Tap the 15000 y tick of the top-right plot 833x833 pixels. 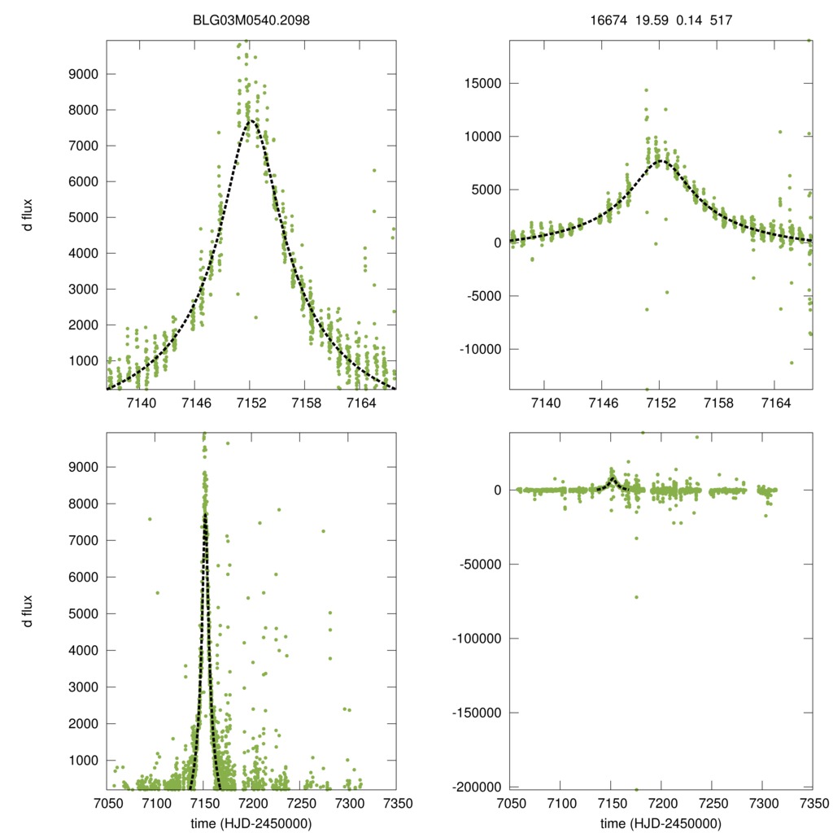point(482,83)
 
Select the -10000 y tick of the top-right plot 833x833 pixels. point(479,349)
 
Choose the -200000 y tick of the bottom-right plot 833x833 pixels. point(476,787)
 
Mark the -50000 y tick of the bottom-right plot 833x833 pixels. point(479,564)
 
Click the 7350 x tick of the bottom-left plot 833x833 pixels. point(395,803)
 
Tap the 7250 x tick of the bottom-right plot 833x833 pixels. point(713,803)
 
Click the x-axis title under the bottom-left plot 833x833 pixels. point(251,822)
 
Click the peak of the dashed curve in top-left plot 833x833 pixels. point(251,120)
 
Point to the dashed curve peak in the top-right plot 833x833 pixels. point(660,160)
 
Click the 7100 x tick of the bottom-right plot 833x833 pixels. point(560,803)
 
